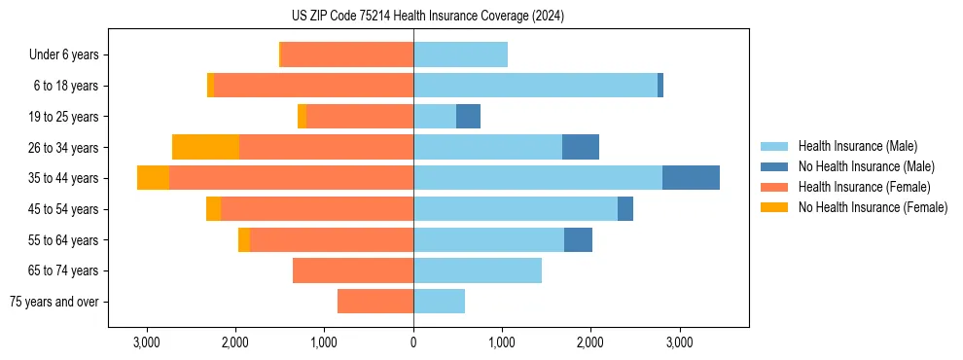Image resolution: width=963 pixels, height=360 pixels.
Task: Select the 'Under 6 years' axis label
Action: coord(63,54)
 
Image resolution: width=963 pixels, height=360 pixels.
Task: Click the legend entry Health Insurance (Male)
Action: coord(857,146)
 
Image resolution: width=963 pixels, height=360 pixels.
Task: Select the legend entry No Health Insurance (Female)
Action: coord(873,207)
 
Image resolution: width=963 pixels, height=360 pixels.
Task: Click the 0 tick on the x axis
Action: coord(413,343)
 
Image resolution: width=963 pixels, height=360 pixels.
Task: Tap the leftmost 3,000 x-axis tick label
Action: coord(147,343)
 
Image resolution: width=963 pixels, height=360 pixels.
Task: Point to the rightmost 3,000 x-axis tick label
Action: coord(679,343)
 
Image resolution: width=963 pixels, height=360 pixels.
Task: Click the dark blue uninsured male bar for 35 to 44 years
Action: coord(691,178)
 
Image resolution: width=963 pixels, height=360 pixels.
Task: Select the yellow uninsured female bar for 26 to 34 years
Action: coord(205,147)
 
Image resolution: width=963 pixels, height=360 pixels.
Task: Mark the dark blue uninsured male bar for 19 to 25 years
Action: coord(468,116)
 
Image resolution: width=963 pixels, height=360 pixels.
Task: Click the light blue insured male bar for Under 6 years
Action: coord(460,54)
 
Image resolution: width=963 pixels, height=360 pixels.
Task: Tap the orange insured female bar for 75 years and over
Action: coord(375,302)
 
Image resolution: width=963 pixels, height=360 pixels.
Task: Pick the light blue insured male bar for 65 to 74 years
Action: coord(478,270)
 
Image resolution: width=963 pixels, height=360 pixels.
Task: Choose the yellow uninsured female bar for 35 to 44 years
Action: coord(153,178)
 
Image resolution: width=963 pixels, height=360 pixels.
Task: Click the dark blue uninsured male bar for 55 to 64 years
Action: coord(578,239)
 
